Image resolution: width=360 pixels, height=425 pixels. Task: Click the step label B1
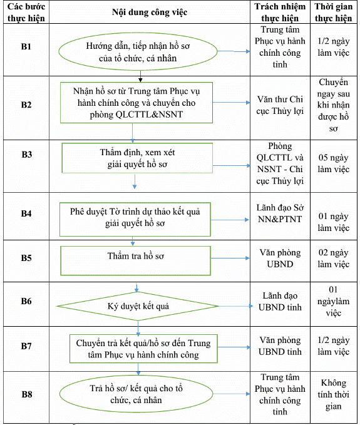[26, 46]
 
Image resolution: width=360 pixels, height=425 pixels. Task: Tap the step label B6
[26, 301]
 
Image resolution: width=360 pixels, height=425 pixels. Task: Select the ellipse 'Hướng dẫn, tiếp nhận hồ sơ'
[138, 51]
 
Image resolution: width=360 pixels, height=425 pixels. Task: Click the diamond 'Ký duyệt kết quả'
[138, 306]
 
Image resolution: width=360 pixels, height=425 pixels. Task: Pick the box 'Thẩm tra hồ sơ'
[135, 261]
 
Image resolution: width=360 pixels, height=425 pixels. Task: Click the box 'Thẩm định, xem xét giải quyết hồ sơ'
[137, 158]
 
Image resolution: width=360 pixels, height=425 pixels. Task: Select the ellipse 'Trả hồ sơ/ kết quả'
[136, 394]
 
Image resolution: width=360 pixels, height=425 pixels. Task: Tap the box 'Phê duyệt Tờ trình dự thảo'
[135, 220]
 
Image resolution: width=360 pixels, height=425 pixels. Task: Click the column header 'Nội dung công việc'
[150, 12]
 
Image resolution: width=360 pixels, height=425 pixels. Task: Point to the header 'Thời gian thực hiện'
[334, 12]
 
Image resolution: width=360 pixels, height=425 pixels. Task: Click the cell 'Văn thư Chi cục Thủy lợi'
[280, 105]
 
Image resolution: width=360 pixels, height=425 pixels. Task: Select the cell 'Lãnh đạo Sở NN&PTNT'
[280, 213]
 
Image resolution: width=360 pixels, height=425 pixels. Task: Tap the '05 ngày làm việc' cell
[334, 163]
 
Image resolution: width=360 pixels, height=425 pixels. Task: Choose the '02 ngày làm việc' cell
[334, 259]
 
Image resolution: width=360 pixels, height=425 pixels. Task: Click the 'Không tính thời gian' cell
[334, 394]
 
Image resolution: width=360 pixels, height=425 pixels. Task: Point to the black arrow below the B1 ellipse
[140, 76]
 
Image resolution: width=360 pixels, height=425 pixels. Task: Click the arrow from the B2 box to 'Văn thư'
[231, 103]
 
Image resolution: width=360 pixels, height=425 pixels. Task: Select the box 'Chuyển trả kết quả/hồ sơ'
[143, 349]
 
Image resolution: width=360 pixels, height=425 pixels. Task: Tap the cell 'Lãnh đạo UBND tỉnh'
[280, 302]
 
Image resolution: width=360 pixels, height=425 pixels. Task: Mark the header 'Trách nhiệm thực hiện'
[280, 12]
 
